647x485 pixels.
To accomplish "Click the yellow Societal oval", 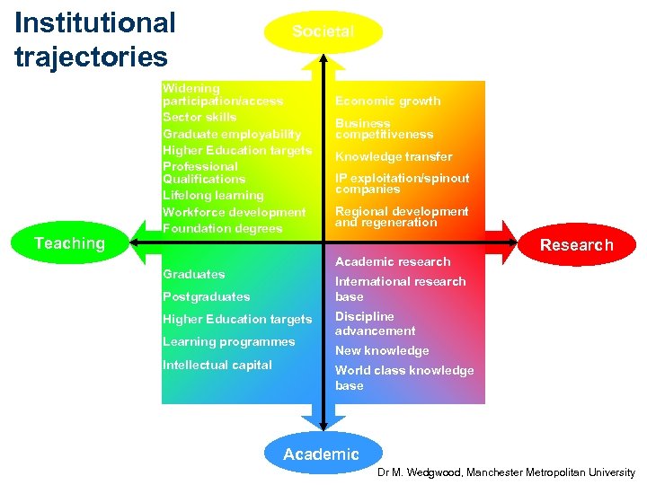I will coord(323,31).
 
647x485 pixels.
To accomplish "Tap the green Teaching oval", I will coord(69,243).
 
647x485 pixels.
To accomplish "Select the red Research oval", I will coord(576,244).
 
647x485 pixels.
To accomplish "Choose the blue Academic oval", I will coord(322,454).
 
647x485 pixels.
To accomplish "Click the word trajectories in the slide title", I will coord(91,57).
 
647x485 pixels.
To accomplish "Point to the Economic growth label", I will coord(387,101).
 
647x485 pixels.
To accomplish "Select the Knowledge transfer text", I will coord(394,156).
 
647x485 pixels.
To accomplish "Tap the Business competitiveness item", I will coord(384,128).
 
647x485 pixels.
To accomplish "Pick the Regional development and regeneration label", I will coord(401,216).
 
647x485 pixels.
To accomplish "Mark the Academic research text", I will coord(392,261).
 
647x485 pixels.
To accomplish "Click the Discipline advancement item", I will coord(375,323).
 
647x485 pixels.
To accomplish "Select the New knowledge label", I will coord(381,350).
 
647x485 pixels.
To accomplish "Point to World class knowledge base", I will coord(403,377).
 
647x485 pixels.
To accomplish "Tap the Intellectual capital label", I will coord(217,365).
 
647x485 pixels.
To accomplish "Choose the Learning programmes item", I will coord(228,341).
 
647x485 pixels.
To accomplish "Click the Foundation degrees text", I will coord(222,228).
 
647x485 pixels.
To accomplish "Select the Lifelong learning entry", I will coord(213,195).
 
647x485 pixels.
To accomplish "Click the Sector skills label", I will coord(199,117).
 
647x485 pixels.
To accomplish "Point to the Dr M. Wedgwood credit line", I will coord(506,472).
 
